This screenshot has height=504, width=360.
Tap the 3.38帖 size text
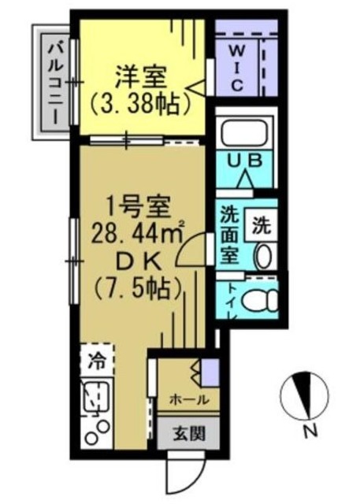139,105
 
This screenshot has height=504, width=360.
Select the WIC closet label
236,68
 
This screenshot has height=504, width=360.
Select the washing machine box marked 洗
261,225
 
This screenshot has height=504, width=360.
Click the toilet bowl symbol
261,301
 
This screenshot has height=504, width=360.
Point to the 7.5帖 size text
137,288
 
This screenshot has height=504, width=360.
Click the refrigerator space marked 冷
97,360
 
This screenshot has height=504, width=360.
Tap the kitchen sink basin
96,395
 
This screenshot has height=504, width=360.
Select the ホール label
189,399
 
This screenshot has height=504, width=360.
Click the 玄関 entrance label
189,434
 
